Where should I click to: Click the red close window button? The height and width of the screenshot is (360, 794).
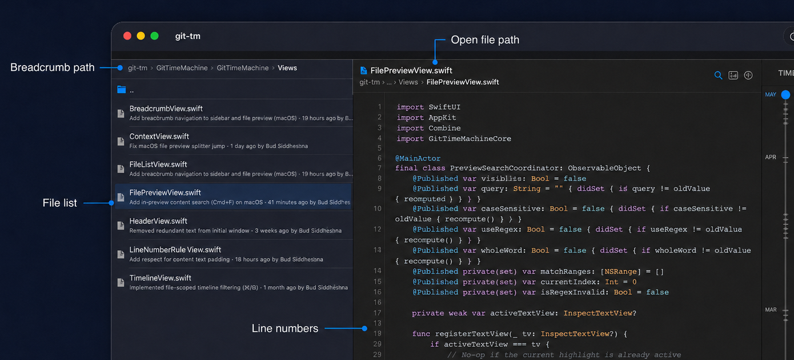click(x=127, y=36)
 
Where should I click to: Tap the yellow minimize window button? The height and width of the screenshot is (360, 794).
click(x=141, y=36)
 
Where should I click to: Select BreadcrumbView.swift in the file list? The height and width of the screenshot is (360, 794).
click(x=166, y=109)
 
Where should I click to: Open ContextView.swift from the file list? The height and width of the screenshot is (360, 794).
click(x=159, y=136)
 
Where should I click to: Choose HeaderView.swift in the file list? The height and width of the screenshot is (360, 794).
click(x=158, y=221)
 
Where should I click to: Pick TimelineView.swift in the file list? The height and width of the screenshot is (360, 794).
click(x=160, y=278)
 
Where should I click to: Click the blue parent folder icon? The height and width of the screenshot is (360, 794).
click(x=122, y=89)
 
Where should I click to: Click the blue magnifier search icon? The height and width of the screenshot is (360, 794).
click(x=718, y=75)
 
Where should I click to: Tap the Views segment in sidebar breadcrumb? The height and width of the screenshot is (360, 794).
click(x=287, y=68)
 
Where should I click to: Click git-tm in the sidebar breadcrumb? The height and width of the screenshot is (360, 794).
click(x=138, y=68)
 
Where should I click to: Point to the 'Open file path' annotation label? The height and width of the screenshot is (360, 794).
click(x=485, y=40)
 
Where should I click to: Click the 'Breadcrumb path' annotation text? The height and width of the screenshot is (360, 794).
click(x=53, y=67)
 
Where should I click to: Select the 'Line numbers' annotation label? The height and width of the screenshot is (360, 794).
click(x=285, y=329)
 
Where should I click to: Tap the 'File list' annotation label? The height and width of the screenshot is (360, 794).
click(x=59, y=203)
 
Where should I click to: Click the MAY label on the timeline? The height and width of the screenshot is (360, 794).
click(x=771, y=94)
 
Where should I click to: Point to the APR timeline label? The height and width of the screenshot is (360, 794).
click(x=771, y=157)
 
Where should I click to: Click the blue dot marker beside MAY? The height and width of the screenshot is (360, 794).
click(x=785, y=95)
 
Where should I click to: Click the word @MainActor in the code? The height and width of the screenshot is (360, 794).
click(x=418, y=158)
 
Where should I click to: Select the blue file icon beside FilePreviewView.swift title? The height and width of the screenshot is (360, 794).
click(x=363, y=71)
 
